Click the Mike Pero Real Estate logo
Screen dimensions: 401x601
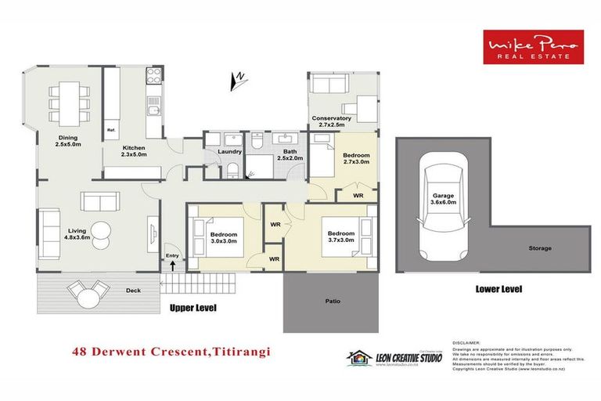[532, 46]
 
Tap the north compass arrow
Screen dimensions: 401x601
[240, 79]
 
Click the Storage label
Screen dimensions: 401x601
[539, 248]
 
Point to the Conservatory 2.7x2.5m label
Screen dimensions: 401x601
[331, 122]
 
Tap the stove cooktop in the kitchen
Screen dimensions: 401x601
[154, 77]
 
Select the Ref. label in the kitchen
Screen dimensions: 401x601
[111, 129]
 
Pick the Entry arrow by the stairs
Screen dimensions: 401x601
[171, 266]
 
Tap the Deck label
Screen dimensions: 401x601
[134, 291]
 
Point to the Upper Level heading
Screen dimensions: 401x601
[193, 308]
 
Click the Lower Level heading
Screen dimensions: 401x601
[498, 289]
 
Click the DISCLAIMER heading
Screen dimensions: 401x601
[468, 342]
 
